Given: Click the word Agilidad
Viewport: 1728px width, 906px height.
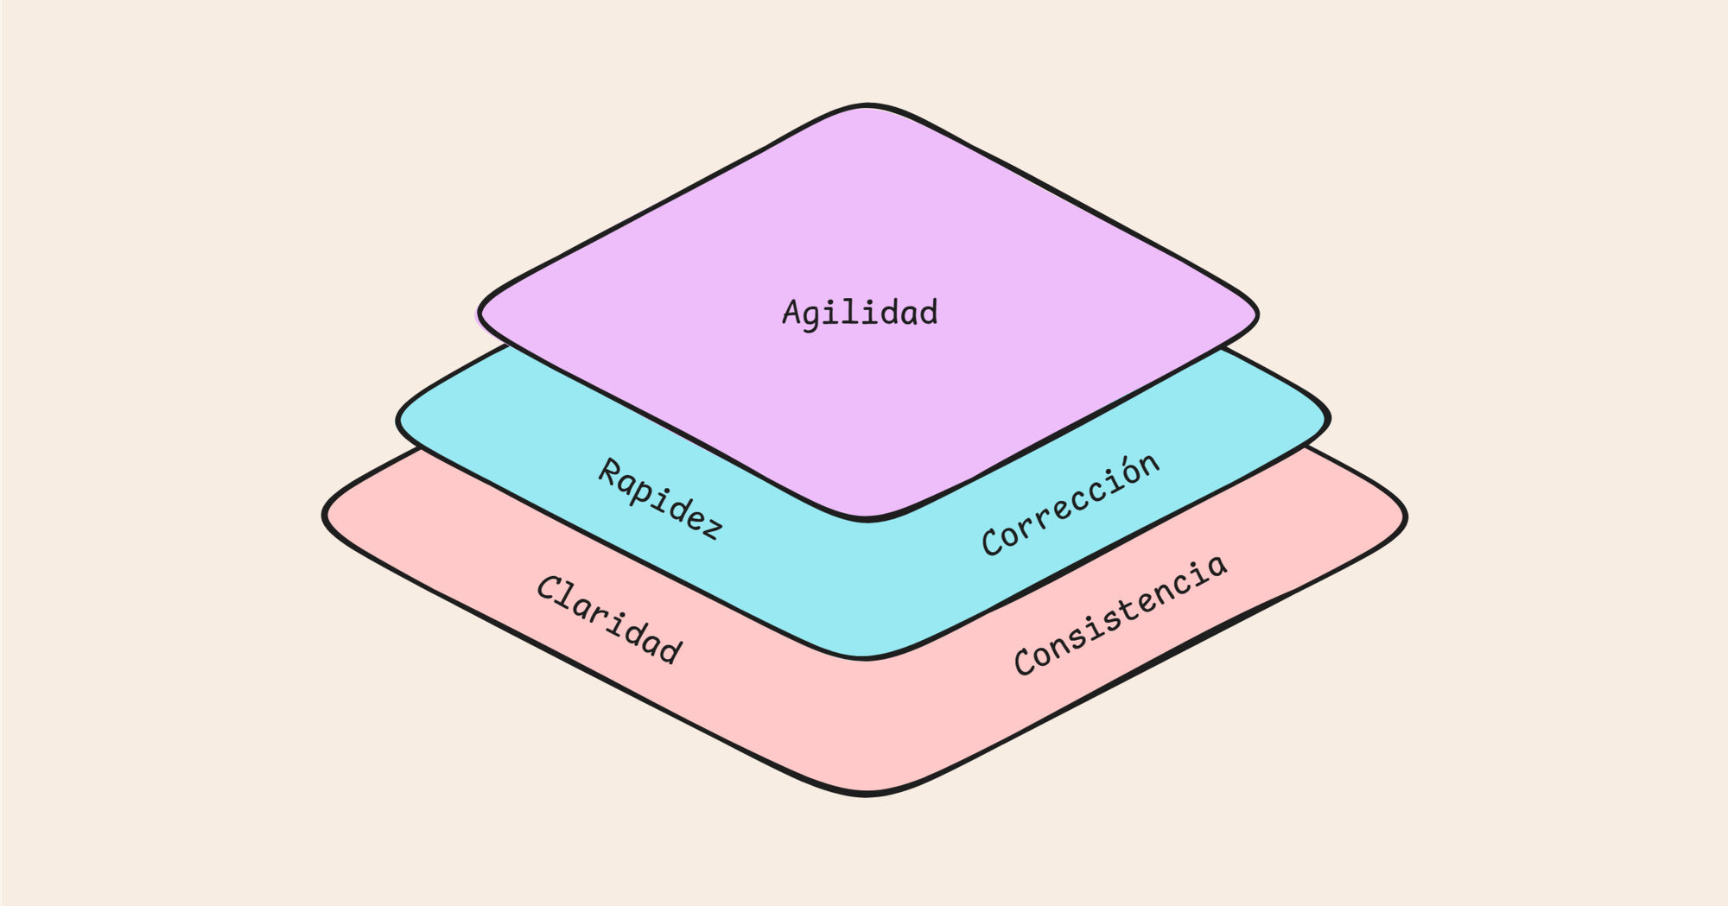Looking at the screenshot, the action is coord(860,313).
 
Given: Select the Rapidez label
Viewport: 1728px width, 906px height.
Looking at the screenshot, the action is coord(661,499).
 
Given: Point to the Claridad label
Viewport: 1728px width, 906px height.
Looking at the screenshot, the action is coord(609,619).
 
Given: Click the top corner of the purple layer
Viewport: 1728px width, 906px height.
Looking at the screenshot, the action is coord(867,106).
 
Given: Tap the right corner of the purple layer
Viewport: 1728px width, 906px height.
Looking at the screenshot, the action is coord(1255,314).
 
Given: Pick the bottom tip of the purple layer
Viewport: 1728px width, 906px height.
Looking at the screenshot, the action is coord(867,519).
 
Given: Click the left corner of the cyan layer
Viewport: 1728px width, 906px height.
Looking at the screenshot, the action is coord(399,421).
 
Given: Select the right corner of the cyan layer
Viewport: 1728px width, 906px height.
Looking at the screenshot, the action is coord(1328,419).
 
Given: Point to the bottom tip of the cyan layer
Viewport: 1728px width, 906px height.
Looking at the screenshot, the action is coord(867,658).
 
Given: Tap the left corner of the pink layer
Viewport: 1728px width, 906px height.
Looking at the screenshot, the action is coord(326,516).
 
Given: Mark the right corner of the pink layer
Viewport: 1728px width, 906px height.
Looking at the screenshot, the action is coord(1405,517).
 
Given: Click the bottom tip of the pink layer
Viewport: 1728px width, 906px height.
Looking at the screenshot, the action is coord(867,793).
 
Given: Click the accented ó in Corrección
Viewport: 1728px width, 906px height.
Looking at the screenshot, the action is coord(1127,476).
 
